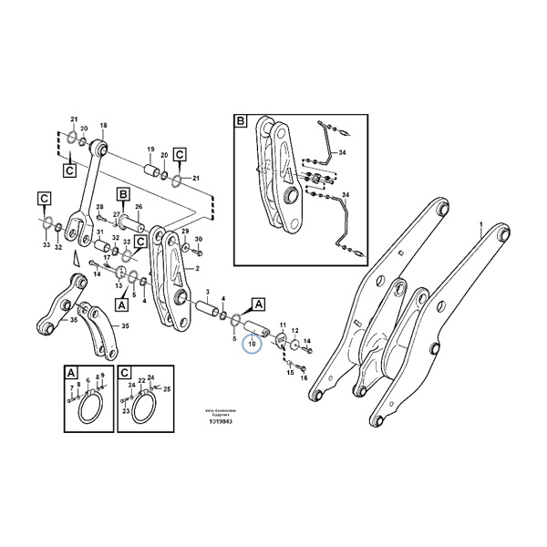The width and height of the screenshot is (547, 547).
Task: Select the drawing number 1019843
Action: [219, 421]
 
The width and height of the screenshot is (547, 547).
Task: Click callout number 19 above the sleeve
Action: [150, 148]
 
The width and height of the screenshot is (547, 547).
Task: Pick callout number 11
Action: [283, 324]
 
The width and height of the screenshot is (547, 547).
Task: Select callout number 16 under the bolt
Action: [304, 378]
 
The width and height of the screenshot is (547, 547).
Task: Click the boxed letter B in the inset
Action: [241, 121]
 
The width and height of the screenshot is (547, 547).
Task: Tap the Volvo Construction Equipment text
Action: [218, 411]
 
